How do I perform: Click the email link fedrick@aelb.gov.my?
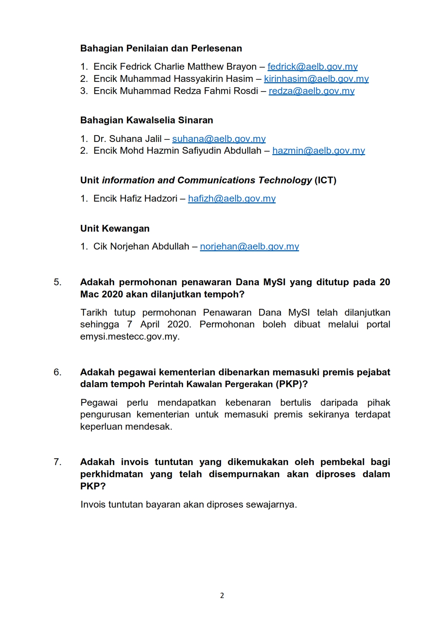(312, 67)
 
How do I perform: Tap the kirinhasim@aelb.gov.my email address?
(316, 79)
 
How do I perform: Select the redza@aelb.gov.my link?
(312, 91)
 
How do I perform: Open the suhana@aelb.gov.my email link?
(219, 139)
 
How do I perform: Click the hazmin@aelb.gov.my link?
(318, 151)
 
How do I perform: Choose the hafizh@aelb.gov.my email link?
(232, 199)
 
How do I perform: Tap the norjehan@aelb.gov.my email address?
(249, 247)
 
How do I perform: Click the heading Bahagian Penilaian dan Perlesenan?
(161, 49)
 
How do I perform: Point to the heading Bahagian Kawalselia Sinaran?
(146, 120)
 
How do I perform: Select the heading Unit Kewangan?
(115, 229)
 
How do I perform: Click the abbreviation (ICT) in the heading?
(325, 181)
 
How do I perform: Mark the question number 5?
(57, 282)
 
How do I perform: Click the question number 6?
(57, 372)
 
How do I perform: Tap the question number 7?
(57, 462)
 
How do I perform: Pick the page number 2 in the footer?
(222, 596)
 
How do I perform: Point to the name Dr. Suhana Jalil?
(127, 139)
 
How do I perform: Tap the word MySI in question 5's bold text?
(274, 282)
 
